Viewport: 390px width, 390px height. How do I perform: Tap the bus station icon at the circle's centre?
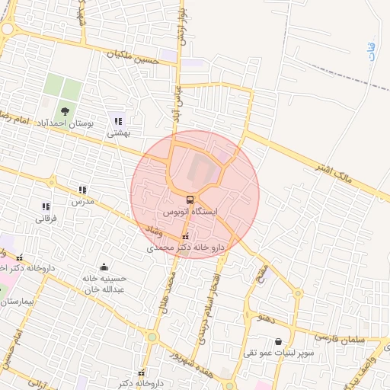pyautogui.click(x=190, y=199)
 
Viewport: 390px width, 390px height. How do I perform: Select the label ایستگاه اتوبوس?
pyautogui.click(x=190, y=211)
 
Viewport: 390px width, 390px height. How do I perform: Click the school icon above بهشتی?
pyautogui.click(x=117, y=120)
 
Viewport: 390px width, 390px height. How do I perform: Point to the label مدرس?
pyautogui.click(x=82, y=202)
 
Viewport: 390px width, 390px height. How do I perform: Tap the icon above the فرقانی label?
pyautogui.click(x=46, y=206)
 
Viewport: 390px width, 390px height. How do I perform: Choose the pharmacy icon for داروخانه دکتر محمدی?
pyautogui.click(x=186, y=237)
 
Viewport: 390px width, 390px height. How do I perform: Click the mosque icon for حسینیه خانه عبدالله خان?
pyautogui.click(x=104, y=267)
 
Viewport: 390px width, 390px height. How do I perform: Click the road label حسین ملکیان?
pyautogui.click(x=134, y=55)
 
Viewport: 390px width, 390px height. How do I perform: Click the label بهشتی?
pyautogui.click(x=120, y=133)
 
